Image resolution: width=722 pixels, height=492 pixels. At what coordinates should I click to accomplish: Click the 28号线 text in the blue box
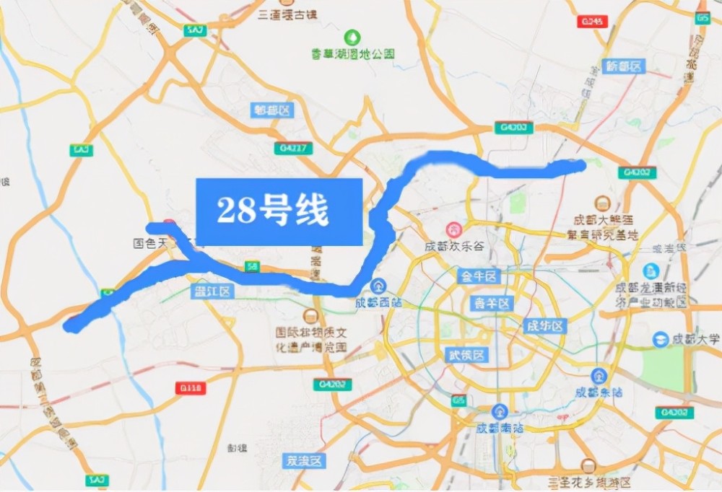click(273, 211)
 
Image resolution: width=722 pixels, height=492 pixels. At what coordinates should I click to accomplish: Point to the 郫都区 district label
click(271, 110)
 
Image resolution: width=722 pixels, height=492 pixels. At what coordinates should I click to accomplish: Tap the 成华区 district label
click(544, 326)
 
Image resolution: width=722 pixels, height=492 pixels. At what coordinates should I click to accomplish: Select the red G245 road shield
click(591, 22)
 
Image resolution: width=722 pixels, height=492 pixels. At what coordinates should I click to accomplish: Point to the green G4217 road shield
click(294, 149)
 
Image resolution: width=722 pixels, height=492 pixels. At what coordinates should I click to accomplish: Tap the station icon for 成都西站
click(379, 286)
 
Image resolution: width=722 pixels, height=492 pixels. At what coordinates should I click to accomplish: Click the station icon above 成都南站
click(498, 412)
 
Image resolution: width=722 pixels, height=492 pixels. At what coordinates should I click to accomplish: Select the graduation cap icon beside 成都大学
click(661, 339)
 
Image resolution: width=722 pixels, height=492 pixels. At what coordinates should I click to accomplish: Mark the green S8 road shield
click(251, 265)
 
